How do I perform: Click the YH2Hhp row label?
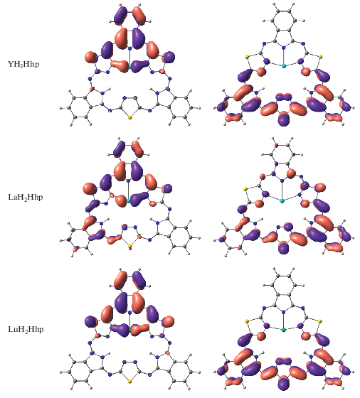[x=23, y=65]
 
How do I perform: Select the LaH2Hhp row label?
[x=26, y=198]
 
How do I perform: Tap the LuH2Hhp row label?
[x=26, y=330]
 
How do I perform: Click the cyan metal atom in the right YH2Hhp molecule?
[x=284, y=66]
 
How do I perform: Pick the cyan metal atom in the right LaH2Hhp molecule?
[x=282, y=201]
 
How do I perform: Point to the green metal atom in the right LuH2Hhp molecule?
[x=284, y=330]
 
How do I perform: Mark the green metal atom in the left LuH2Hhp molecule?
[x=130, y=330]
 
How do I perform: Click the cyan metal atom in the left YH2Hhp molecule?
[x=129, y=67]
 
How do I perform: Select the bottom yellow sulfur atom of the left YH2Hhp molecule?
[x=129, y=117]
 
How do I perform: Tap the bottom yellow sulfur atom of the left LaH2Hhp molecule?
[x=129, y=246]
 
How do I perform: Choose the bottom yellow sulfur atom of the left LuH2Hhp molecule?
[x=129, y=381]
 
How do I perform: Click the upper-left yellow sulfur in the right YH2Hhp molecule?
[x=247, y=57]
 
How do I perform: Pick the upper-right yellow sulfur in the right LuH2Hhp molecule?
[x=320, y=321]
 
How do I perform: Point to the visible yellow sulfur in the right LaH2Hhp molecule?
[x=245, y=189]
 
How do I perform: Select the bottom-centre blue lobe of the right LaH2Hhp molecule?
[x=284, y=247]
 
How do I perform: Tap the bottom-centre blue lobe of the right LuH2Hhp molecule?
[x=284, y=383]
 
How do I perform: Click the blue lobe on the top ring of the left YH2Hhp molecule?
[x=120, y=15]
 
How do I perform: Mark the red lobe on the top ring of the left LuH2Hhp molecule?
[x=121, y=279]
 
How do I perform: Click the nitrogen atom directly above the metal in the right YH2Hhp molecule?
[x=284, y=48]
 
